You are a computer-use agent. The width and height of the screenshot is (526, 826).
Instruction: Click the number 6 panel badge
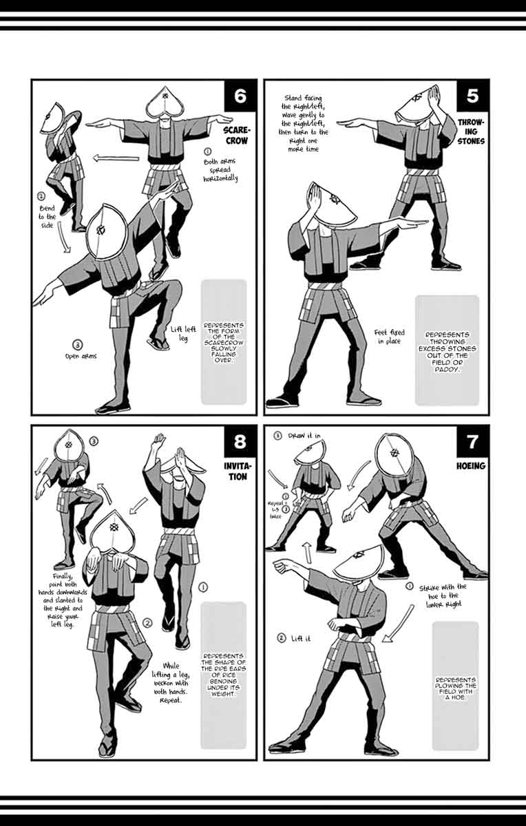tap(240, 96)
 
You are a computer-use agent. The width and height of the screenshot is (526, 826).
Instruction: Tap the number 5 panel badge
tap(472, 96)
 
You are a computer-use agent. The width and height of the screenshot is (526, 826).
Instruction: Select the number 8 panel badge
tap(240, 441)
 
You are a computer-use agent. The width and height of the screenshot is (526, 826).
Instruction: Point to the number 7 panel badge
tap(472, 441)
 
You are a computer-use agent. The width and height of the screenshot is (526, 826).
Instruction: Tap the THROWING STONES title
tap(471, 131)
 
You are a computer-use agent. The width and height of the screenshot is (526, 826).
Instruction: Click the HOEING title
tap(471, 466)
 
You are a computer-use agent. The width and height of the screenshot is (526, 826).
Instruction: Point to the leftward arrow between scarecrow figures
tap(116, 158)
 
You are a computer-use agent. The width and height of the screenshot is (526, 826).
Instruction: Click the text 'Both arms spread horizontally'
tap(220, 170)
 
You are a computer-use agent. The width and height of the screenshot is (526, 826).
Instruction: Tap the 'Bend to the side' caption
tap(48, 216)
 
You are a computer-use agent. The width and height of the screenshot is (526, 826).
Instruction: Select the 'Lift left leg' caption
tap(183, 333)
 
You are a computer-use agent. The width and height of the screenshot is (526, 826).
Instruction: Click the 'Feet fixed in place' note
tap(390, 337)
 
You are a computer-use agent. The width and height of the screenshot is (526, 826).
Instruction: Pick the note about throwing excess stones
tap(447, 352)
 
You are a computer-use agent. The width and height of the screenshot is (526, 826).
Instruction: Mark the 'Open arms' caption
tap(81, 357)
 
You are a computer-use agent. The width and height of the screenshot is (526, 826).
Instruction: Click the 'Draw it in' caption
tap(304, 436)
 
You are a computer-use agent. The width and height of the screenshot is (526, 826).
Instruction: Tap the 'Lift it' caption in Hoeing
tap(301, 638)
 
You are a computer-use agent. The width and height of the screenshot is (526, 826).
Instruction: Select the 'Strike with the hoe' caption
tap(443, 595)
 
